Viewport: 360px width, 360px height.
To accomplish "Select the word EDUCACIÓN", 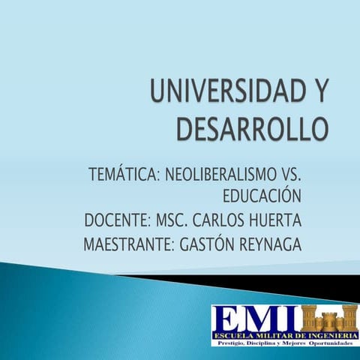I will [262, 198].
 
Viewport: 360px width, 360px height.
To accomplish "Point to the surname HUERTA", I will [277, 221].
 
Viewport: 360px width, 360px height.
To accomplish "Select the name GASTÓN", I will [206, 244].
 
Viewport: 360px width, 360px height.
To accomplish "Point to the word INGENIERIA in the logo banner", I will [325, 334].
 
